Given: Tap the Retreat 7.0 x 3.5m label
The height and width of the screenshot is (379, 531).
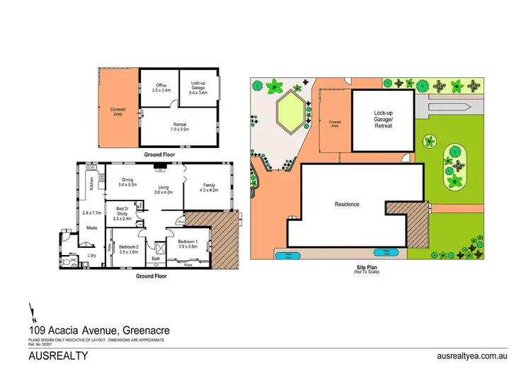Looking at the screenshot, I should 179,128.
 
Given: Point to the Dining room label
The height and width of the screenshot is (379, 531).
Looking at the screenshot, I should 127,182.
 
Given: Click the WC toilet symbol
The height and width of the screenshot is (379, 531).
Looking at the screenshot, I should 72,261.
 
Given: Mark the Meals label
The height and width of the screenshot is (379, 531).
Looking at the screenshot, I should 91,228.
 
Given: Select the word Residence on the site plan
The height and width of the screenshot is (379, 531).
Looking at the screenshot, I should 347,205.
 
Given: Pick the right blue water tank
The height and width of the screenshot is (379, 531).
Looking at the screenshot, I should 388,251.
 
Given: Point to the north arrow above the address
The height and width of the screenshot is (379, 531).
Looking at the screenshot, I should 31,310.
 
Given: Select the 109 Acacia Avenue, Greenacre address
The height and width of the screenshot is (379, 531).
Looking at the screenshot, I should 98,329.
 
